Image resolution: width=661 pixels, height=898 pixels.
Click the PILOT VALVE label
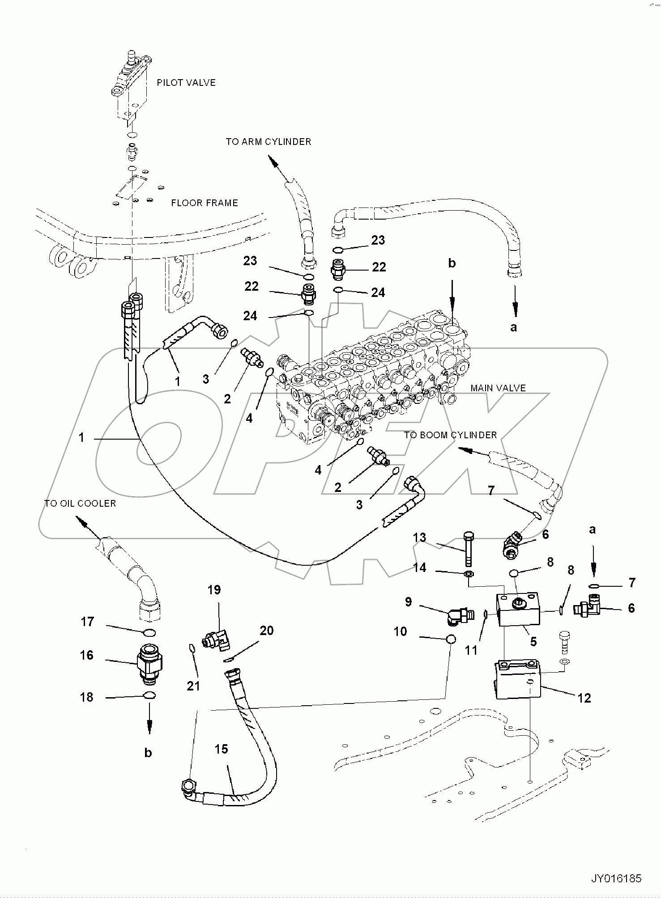point(186,83)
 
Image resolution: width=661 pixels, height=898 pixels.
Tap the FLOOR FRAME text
point(204,203)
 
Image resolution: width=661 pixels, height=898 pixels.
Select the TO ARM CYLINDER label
point(268,142)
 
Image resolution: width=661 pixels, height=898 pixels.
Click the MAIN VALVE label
point(498,388)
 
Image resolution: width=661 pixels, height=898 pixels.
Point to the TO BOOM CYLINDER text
point(450,435)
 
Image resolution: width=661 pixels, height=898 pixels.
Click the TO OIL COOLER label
point(80,504)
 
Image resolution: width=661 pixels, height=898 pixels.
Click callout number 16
point(87,655)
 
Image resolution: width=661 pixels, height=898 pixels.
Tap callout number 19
point(214,590)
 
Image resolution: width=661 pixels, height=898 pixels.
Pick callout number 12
point(584,698)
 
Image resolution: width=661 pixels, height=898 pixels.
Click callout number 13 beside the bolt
point(419,537)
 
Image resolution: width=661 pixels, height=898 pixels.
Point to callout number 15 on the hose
point(221,749)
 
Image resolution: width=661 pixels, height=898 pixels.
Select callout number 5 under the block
point(533,641)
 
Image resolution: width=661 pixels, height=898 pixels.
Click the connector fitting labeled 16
point(149,664)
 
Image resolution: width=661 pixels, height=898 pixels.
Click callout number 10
point(400,631)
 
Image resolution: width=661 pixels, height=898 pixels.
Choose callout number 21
point(193,686)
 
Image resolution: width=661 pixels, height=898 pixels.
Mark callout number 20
point(266,631)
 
